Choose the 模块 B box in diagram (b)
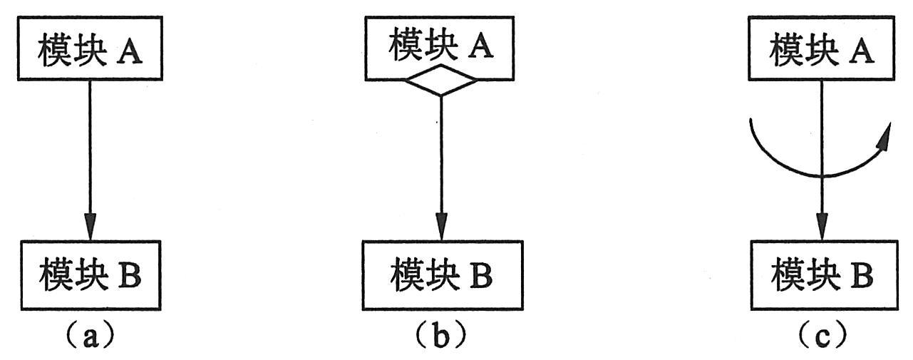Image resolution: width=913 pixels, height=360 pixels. [440, 276]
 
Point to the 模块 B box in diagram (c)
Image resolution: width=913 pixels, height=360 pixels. [821, 276]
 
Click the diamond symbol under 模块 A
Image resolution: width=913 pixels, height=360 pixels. [440, 81]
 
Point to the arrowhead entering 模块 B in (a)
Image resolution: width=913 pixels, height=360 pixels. [90, 228]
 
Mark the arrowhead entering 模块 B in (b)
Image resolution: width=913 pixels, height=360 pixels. [440, 228]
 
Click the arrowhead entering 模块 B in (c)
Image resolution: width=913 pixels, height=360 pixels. [821, 228]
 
